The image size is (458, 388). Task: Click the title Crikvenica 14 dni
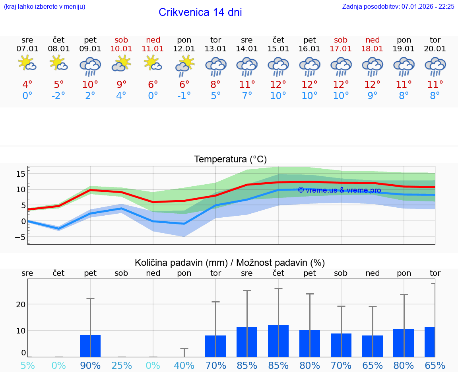[200, 12]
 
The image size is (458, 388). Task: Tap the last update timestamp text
[398, 6]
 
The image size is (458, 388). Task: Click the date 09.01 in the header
[90, 49]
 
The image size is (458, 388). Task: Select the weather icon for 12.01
[184, 66]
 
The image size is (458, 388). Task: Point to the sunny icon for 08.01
[58, 63]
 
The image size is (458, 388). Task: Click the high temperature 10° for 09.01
[90, 84]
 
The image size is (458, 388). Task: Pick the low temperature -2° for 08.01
[58, 96]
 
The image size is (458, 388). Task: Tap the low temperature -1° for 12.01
[184, 96]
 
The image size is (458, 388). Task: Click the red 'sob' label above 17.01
[341, 40]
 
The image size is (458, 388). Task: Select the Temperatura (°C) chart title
[230, 160]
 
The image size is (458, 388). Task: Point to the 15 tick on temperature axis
[21, 174]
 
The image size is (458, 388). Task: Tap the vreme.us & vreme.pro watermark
[339, 190]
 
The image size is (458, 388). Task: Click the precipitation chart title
[230, 263]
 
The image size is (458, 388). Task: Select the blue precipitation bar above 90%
[90, 346]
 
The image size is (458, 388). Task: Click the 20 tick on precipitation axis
[21, 304]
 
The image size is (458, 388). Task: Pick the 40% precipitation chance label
[184, 365]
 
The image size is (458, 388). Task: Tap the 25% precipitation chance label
[121, 365]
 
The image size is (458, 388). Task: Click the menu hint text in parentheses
[44, 6]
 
